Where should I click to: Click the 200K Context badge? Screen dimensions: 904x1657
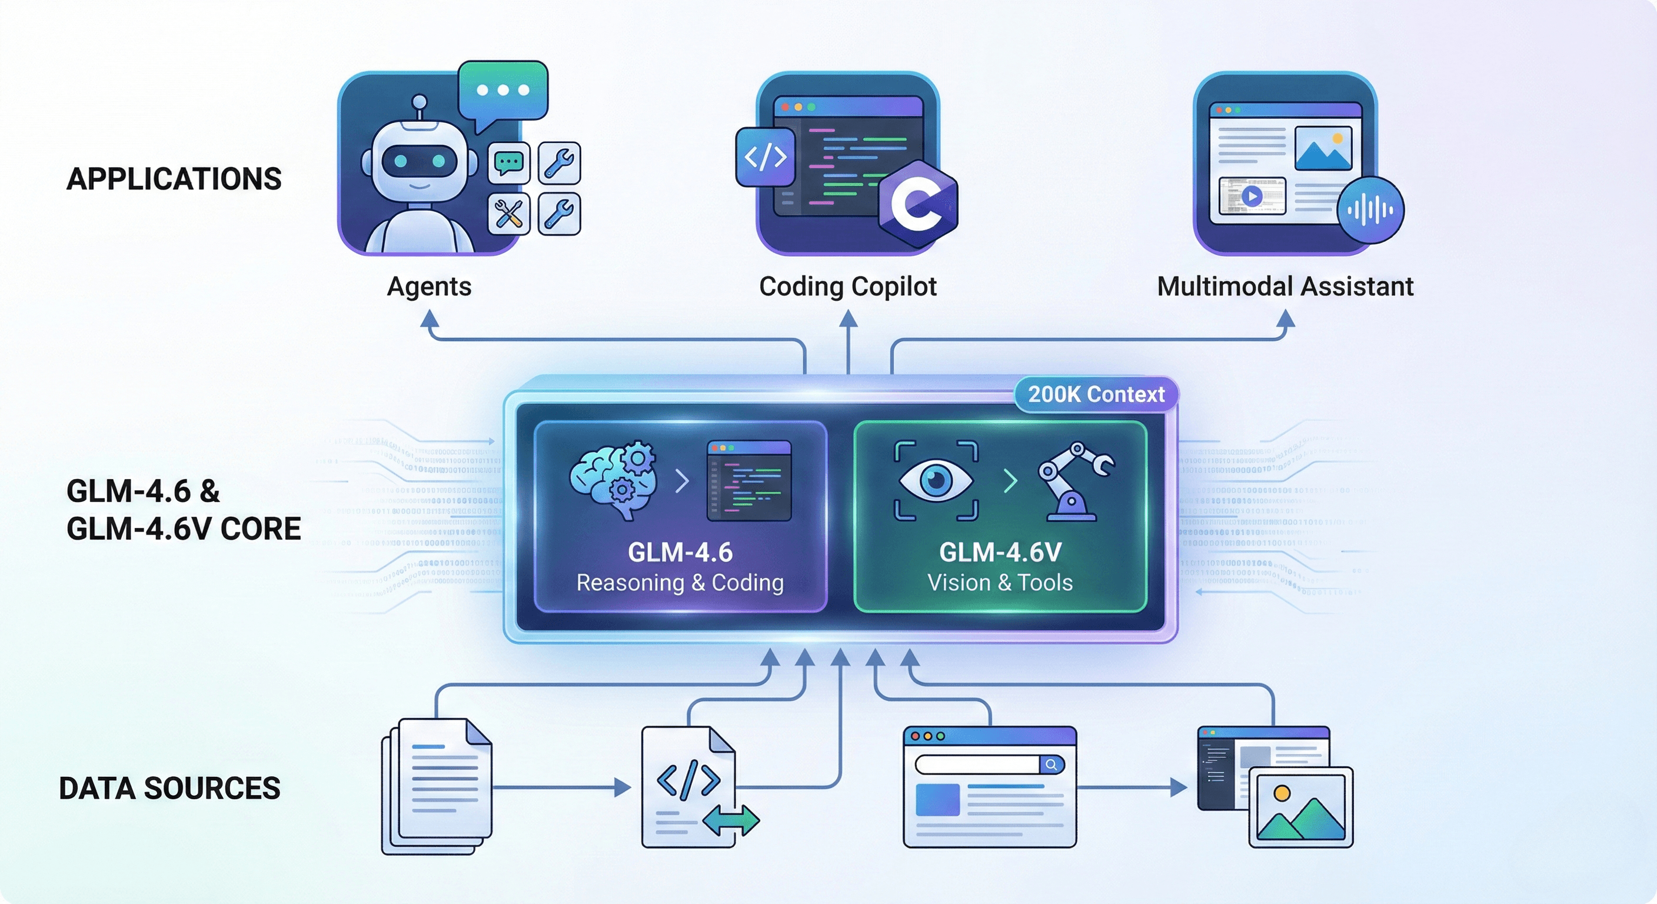tap(1096, 394)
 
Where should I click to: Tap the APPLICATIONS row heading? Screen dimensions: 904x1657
tap(174, 179)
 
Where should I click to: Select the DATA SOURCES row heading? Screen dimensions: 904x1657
tap(169, 788)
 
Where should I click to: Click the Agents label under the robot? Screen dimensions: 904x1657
tap(429, 286)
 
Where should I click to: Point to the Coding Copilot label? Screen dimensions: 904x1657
tap(847, 286)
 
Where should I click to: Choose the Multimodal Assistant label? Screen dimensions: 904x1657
tap(1285, 286)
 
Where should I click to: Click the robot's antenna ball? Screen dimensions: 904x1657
tap(419, 102)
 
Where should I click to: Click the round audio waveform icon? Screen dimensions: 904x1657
tap(1370, 210)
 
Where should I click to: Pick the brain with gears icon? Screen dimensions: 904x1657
tap(613, 479)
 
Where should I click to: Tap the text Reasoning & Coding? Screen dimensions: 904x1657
tap(680, 583)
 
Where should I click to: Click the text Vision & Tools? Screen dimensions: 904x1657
tap(1000, 583)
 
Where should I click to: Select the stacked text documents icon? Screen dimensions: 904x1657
tap(437, 786)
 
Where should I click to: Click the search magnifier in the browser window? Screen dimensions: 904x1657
tap(1051, 765)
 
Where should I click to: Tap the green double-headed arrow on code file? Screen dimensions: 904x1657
tap(731, 820)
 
